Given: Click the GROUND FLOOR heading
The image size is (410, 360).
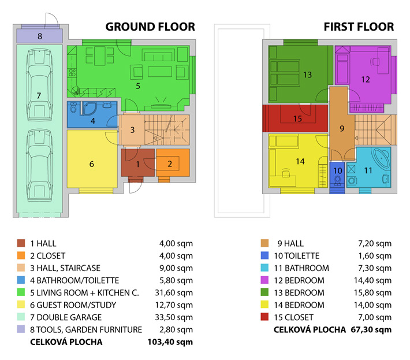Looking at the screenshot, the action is click(150, 27).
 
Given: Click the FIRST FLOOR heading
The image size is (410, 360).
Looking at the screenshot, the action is click(359, 27).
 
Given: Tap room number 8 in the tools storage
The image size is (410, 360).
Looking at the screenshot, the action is click(40, 36).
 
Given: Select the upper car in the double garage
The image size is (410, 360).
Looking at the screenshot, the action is click(39, 84).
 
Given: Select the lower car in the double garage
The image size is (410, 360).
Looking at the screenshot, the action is click(39, 165).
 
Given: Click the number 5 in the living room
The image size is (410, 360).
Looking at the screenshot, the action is click(138, 86).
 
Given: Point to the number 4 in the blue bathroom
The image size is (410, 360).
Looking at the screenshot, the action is click(93, 121).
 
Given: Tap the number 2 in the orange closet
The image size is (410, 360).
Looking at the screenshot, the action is click(170, 164).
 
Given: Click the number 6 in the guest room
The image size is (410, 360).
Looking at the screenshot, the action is click(91, 164).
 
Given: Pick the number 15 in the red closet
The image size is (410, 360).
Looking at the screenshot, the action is click(297, 119).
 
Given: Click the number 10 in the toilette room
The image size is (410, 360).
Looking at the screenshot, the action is click(338, 171).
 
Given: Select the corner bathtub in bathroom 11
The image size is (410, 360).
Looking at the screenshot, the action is click(382, 158).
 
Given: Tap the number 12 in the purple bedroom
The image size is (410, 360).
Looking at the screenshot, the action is click(366, 80).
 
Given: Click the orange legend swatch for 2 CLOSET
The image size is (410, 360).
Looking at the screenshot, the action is click(21, 255).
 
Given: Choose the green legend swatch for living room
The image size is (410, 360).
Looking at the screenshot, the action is click(21, 292).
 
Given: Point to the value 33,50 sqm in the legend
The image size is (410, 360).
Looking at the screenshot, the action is click(174, 317).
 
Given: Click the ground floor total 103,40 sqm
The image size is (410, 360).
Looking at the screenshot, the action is click(170, 342).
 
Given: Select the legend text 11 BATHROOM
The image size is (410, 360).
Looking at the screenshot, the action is click(301, 268).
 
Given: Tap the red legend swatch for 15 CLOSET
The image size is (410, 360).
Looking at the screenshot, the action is click(264, 317).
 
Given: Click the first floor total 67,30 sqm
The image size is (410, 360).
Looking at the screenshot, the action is click(371, 329).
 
